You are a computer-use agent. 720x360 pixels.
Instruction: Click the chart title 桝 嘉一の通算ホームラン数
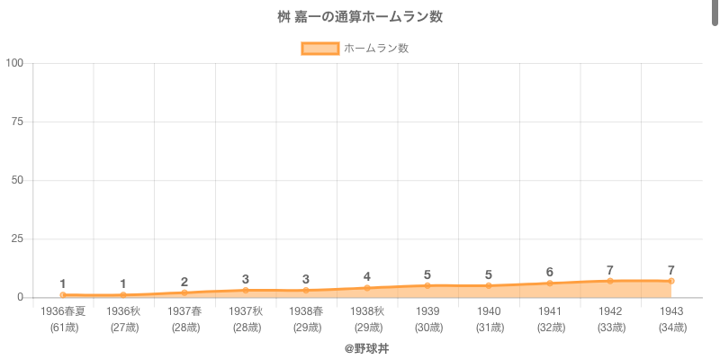360,17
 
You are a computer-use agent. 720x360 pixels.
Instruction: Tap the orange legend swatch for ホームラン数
319,49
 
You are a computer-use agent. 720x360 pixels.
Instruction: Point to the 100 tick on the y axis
15,63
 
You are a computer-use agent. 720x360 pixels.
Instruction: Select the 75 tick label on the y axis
18,121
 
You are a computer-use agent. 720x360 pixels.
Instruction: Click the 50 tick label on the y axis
18,180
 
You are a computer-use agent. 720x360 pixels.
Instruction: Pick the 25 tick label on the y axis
18,238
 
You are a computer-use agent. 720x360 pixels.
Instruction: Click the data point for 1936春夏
63,295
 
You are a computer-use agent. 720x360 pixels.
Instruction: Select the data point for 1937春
184,292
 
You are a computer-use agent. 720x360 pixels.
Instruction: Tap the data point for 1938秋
367,288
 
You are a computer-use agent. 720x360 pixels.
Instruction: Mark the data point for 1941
550,283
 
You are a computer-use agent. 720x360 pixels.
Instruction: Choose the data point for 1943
671,281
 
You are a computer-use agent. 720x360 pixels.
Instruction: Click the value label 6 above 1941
550,272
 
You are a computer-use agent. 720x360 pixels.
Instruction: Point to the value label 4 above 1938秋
367,276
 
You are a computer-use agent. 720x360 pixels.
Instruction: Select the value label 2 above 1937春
184,282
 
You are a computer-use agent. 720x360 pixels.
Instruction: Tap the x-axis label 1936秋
123,311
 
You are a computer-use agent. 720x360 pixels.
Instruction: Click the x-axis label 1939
427,311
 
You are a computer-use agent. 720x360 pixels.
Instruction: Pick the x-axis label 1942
610,311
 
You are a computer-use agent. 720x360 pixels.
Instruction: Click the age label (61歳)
63,327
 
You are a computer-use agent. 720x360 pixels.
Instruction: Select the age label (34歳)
671,327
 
